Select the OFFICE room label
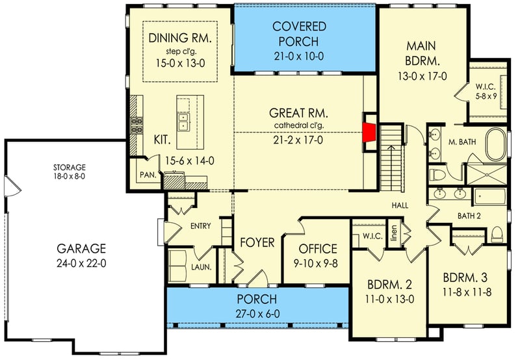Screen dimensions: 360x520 [317, 248]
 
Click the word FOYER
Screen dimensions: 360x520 [257, 242]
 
